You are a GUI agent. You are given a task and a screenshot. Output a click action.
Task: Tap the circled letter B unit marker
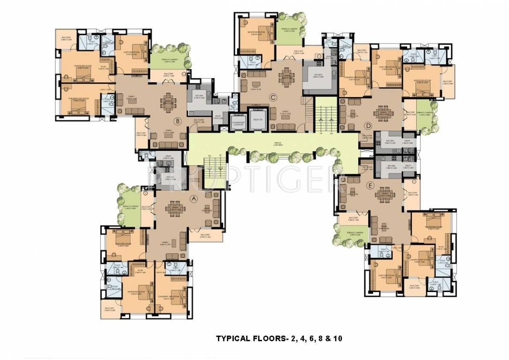click(x=177, y=121)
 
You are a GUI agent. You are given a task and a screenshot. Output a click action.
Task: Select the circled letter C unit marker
click(x=272, y=97)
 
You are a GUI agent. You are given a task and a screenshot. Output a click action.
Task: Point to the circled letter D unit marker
click(x=368, y=125)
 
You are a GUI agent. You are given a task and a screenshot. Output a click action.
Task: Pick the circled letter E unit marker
click(x=370, y=186)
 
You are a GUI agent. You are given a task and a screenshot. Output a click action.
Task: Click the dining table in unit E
click(x=385, y=198)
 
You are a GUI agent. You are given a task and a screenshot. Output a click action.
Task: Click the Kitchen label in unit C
click(x=319, y=75)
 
